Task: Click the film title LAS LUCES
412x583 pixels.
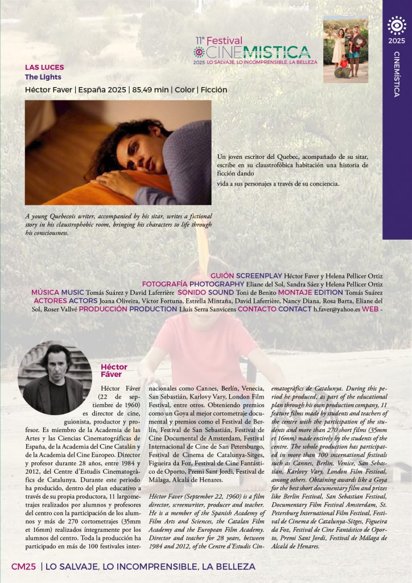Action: coord(44,67)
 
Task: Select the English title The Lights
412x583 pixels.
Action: coord(43,77)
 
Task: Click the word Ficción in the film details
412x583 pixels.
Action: coord(213,89)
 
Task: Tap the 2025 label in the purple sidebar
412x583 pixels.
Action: coord(397,41)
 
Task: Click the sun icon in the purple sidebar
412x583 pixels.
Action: coord(397,26)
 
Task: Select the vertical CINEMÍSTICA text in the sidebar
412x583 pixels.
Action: coord(397,74)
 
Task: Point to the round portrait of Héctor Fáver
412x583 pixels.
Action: coord(55,378)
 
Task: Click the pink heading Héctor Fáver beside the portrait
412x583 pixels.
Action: coord(114,371)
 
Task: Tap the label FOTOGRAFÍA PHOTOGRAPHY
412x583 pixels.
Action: coord(193,284)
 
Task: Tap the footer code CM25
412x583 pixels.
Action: coord(24,566)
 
